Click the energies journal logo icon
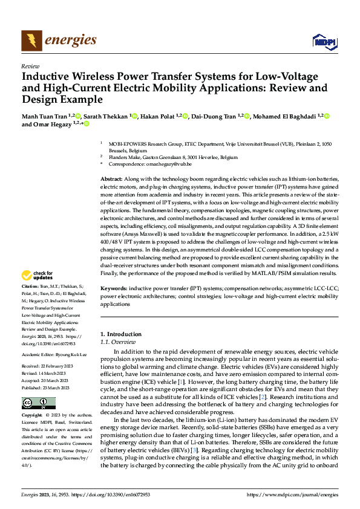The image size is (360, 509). tap(29, 41)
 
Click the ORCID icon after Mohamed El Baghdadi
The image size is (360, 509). tap(327, 115)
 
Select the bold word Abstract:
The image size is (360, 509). tap(111, 180)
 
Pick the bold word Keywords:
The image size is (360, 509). tap(114, 289)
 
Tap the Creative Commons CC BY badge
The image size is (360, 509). tap(38, 403)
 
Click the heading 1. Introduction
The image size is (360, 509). tap(121, 334)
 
